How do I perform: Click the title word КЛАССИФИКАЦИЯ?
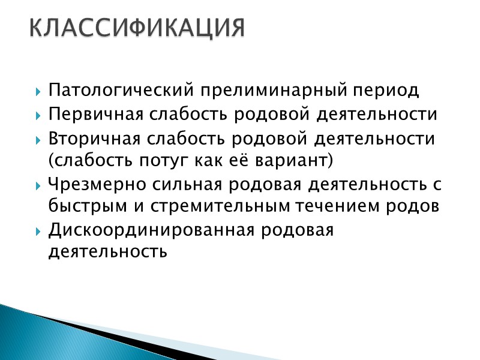[x=137, y=28]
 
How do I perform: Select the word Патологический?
[x=120, y=91]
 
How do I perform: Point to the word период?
[x=385, y=91]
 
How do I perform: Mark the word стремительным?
[x=210, y=206]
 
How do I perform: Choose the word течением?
[x=343, y=206]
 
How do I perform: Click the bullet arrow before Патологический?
[x=38, y=92]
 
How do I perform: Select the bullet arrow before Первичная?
[x=38, y=116]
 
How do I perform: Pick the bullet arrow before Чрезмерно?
[x=38, y=185]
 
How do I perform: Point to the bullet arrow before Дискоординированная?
[x=38, y=231]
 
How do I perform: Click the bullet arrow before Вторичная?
[x=38, y=140]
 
